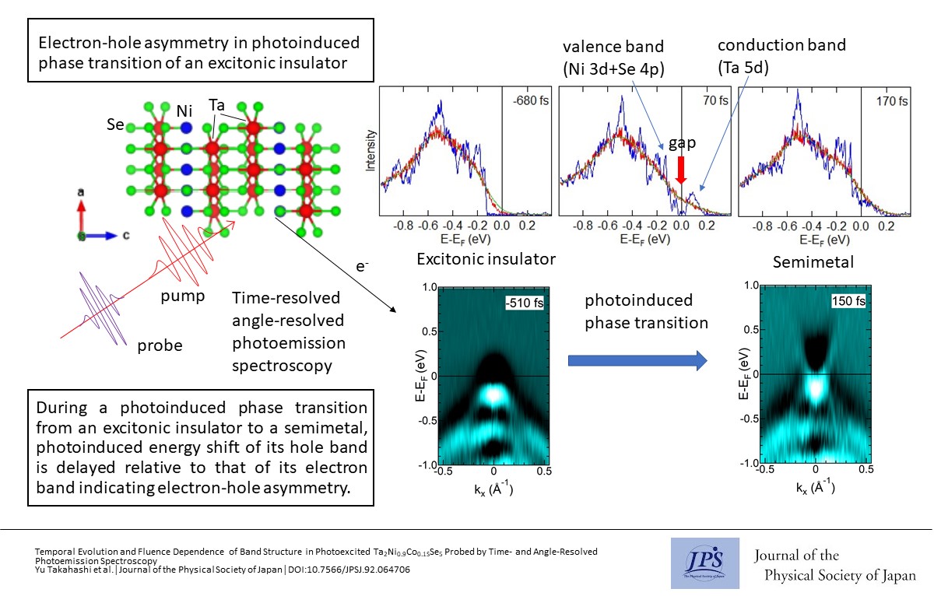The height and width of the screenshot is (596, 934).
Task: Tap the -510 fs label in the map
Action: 523,302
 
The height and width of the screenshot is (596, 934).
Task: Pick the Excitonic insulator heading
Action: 486,259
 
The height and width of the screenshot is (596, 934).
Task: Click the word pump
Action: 184,297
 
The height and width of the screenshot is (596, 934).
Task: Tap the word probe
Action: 160,345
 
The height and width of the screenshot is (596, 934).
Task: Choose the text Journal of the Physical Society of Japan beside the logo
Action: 835,566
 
